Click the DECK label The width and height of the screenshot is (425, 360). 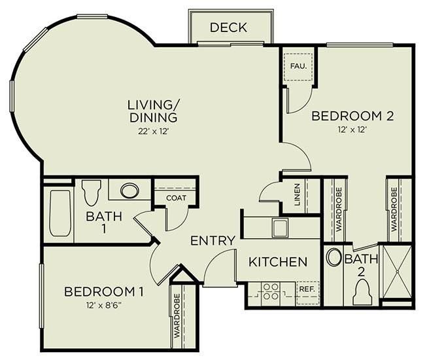228,27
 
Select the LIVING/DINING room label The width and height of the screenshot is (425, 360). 152,111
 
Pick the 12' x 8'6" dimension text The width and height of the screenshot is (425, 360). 103,304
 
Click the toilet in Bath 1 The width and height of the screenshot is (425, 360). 92,192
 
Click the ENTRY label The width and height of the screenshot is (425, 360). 212,241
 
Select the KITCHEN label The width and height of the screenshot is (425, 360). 278,262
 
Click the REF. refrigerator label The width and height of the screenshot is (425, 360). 306,288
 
